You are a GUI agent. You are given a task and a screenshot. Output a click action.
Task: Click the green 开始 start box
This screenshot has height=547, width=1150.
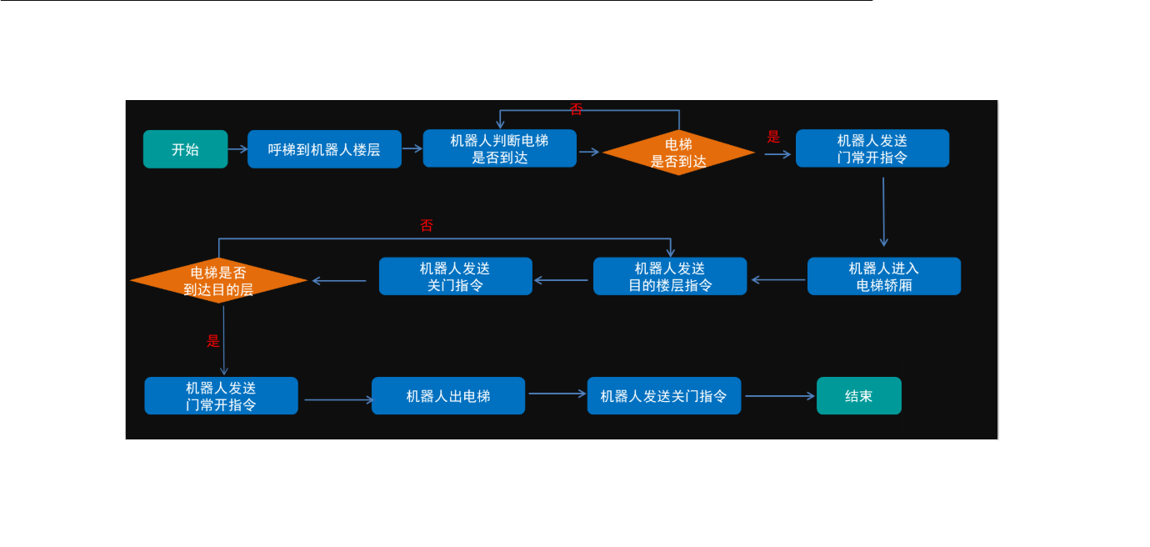click(185, 149)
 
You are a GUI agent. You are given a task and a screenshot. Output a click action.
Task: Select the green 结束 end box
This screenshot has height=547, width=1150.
click(858, 396)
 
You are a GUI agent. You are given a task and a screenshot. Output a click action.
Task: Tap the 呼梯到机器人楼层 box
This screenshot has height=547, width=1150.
click(324, 149)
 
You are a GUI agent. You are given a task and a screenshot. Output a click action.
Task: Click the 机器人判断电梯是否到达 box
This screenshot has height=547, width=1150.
click(499, 149)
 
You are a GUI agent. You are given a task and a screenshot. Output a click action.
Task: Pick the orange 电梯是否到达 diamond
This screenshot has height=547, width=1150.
click(678, 153)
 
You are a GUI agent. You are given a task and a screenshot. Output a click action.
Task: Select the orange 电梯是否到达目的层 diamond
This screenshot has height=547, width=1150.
click(218, 281)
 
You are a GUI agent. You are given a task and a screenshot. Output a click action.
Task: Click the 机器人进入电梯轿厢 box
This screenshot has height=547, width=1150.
click(883, 276)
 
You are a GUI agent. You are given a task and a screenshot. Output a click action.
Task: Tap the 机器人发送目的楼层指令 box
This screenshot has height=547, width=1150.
click(670, 276)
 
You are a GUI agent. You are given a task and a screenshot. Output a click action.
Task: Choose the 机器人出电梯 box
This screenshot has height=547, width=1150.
click(448, 396)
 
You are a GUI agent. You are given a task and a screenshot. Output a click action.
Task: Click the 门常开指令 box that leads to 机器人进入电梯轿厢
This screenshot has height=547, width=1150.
click(872, 149)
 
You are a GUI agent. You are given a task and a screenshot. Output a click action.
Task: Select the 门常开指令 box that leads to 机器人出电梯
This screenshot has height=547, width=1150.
click(221, 396)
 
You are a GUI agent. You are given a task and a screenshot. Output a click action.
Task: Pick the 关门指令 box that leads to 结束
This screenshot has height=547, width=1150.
click(663, 396)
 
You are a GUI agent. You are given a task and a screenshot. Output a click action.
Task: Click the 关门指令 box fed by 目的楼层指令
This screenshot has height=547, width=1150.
click(455, 276)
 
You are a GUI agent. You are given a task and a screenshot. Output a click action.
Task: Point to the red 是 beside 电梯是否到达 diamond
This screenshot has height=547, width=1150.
click(773, 137)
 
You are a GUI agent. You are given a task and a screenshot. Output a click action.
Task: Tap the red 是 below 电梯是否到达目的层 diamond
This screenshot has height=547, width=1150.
click(213, 340)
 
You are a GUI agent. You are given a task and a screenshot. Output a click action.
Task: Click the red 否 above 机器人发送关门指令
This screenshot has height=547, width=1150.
click(427, 225)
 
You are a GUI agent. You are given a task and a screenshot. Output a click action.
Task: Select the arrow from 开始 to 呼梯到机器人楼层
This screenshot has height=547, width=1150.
click(237, 149)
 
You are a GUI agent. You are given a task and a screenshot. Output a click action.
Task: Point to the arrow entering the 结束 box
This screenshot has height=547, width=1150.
click(779, 396)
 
